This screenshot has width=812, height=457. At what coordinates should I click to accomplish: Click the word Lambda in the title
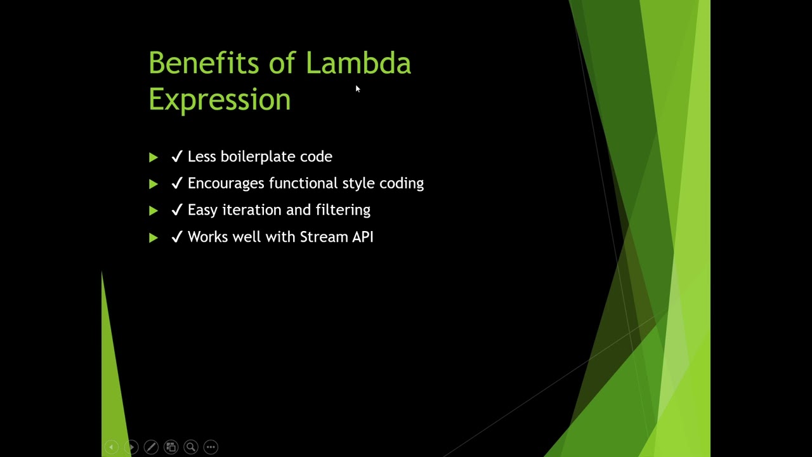pos(358,63)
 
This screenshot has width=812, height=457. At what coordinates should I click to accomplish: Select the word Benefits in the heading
pos(204,63)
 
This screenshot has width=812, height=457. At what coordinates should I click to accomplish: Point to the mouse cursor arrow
pos(357,89)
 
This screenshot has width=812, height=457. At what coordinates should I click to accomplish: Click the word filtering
pos(343,210)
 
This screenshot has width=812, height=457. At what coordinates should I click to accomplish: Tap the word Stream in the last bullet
pos(323,237)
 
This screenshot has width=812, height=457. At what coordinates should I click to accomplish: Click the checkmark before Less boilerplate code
pos(177,157)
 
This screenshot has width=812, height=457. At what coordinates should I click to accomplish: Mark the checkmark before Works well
pos(177,237)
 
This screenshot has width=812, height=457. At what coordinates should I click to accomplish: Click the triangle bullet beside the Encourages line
pos(153,184)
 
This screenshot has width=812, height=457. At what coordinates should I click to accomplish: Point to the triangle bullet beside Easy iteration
pos(153,211)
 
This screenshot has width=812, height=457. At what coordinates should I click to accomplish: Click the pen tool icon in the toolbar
pos(151,447)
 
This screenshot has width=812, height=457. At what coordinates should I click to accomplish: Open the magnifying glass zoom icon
pos(190,447)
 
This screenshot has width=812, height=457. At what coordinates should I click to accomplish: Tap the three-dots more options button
pos(211,447)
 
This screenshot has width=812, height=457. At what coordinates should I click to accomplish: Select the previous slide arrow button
pos(111,447)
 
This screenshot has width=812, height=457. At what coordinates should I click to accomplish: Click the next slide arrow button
pos(131,447)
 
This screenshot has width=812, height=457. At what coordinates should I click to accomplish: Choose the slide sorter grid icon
pos(171,447)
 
